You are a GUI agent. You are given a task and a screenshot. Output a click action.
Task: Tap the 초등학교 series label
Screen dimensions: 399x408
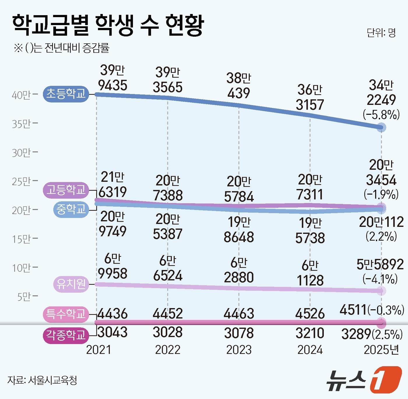tap(66, 94)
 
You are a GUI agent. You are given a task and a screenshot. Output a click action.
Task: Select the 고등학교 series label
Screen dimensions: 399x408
tap(66, 190)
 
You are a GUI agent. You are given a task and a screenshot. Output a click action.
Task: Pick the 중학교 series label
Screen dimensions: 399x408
tap(71, 209)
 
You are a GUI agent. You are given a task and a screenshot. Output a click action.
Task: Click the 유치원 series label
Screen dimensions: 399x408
tap(71, 284)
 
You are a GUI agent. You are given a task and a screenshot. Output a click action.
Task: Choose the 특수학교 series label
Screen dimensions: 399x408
tap(66, 314)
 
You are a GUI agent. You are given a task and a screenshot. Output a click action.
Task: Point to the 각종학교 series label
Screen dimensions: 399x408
tap(66, 335)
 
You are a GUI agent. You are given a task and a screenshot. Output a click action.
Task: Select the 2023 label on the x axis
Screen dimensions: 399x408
tap(239, 350)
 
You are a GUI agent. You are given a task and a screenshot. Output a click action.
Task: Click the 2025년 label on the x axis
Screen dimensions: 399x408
tap(381, 350)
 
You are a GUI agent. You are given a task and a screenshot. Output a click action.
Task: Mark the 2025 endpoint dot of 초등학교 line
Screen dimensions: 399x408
tap(381, 127)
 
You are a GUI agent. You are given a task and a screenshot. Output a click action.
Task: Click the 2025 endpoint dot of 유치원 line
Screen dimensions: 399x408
tap(381, 291)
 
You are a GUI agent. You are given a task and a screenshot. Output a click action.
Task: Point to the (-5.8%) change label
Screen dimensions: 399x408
tap(381, 115)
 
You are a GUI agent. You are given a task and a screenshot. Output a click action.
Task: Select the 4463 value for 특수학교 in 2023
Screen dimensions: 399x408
tap(239, 314)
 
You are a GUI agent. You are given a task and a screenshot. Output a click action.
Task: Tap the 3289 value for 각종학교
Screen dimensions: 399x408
tap(356, 334)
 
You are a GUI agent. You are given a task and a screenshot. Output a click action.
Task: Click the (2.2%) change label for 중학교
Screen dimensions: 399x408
tap(381, 236)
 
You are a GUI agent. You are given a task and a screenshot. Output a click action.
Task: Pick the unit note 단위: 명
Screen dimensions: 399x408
tap(381, 33)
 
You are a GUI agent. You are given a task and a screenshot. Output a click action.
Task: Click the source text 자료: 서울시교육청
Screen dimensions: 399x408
tap(42, 380)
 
